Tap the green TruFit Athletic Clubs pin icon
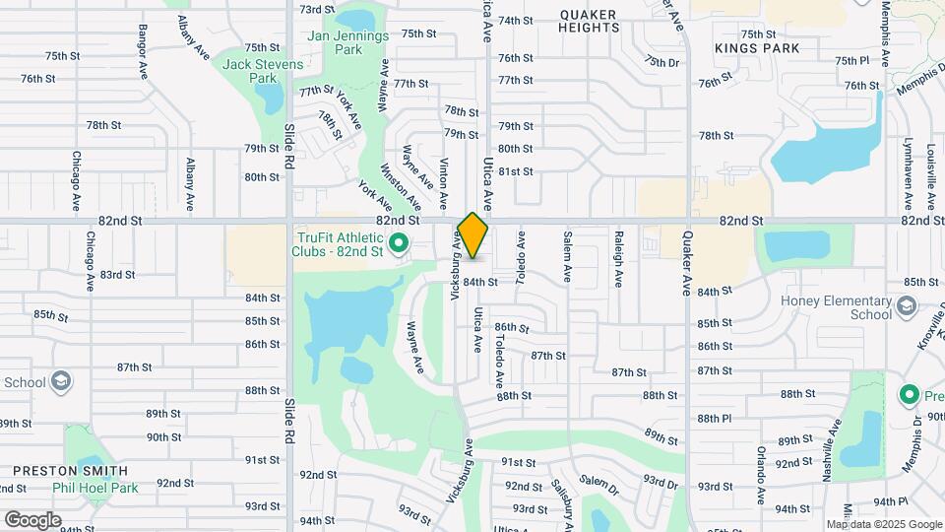399,243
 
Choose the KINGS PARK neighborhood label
757,47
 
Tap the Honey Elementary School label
842,308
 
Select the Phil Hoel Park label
96,487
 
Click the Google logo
32,519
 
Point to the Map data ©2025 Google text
884,524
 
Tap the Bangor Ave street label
144,51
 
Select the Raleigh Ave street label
618,258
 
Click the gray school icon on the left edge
61,381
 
